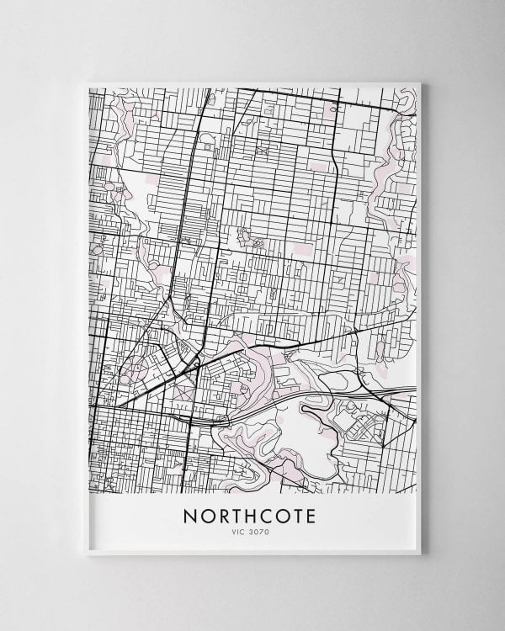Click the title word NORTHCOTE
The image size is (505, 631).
click(x=248, y=515)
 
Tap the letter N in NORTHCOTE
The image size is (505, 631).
click(x=190, y=515)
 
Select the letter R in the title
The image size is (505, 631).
click(x=221, y=515)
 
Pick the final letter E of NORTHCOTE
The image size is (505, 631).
click(x=310, y=515)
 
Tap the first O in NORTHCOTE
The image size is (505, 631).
click(x=205, y=515)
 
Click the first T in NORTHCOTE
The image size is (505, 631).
click(x=237, y=515)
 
